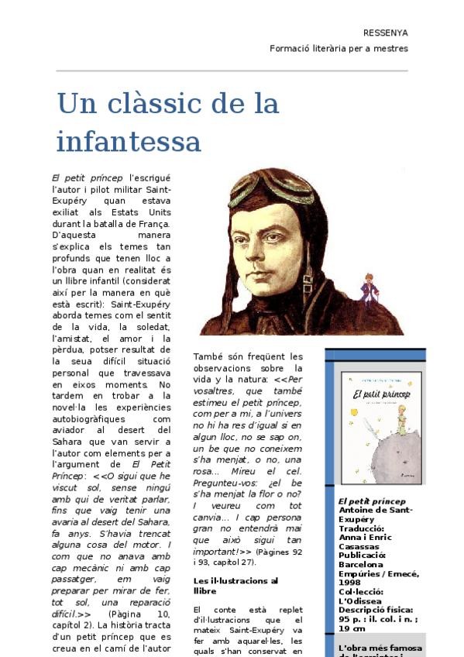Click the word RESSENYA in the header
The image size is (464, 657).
[x=385, y=33]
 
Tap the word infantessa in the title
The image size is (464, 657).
[x=129, y=142]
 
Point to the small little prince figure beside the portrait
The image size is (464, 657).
[x=369, y=289]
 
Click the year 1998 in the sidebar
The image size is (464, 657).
[x=349, y=582]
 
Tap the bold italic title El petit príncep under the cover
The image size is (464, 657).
[x=372, y=501]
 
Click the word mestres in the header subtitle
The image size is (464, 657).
[x=390, y=48]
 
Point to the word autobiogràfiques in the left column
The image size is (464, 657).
[x=89, y=418]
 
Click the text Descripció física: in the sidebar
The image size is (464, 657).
[x=376, y=610]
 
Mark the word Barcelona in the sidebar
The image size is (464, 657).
[x=361, y=565]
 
